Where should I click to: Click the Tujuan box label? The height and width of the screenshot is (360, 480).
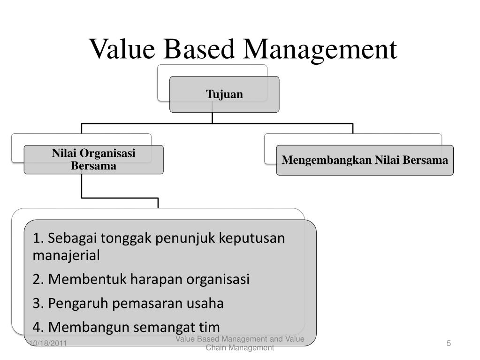pyautogui.click(x=224, y=94)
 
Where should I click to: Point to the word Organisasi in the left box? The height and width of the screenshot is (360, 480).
pyautogui.click(x=107, y=153)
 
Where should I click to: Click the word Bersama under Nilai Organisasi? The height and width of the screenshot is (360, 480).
pyautogui.click(x=94, y=166)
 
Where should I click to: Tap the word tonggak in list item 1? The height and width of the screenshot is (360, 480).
pyautogui.click(x=130, y=238)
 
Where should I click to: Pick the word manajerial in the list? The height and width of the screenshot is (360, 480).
pyautogui.click(x=66, y=256)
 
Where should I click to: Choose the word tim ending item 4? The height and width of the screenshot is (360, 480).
pyautogui.click(x=210, y=327)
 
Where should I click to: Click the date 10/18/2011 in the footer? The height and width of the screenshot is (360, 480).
pyautogui.click(x=48, y=344)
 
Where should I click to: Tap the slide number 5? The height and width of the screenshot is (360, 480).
pyautogui.click(x=449, y=344)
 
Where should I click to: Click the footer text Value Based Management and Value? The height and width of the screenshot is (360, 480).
pyautogui.click(x=240, y=339)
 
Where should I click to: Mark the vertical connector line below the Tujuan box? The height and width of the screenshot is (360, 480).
pyautogui.click(x=212, y=117)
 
